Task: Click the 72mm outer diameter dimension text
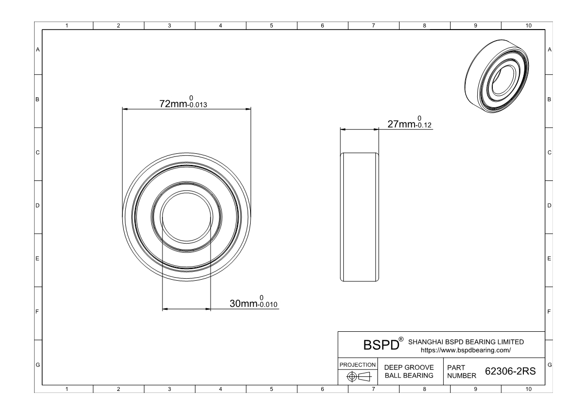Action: [x=173, y=104]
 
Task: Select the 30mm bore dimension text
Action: [x=243, y=304]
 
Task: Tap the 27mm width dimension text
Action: [x=402, y=124]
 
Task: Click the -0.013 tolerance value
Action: [x=197, y=105]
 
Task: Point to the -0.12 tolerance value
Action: [x=424, y=125]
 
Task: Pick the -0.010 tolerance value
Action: [x=268, y=305]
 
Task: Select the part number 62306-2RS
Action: [x=510, y=371]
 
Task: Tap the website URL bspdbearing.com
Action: [x=466, y=350]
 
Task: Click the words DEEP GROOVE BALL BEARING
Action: [x=409, y=371]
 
